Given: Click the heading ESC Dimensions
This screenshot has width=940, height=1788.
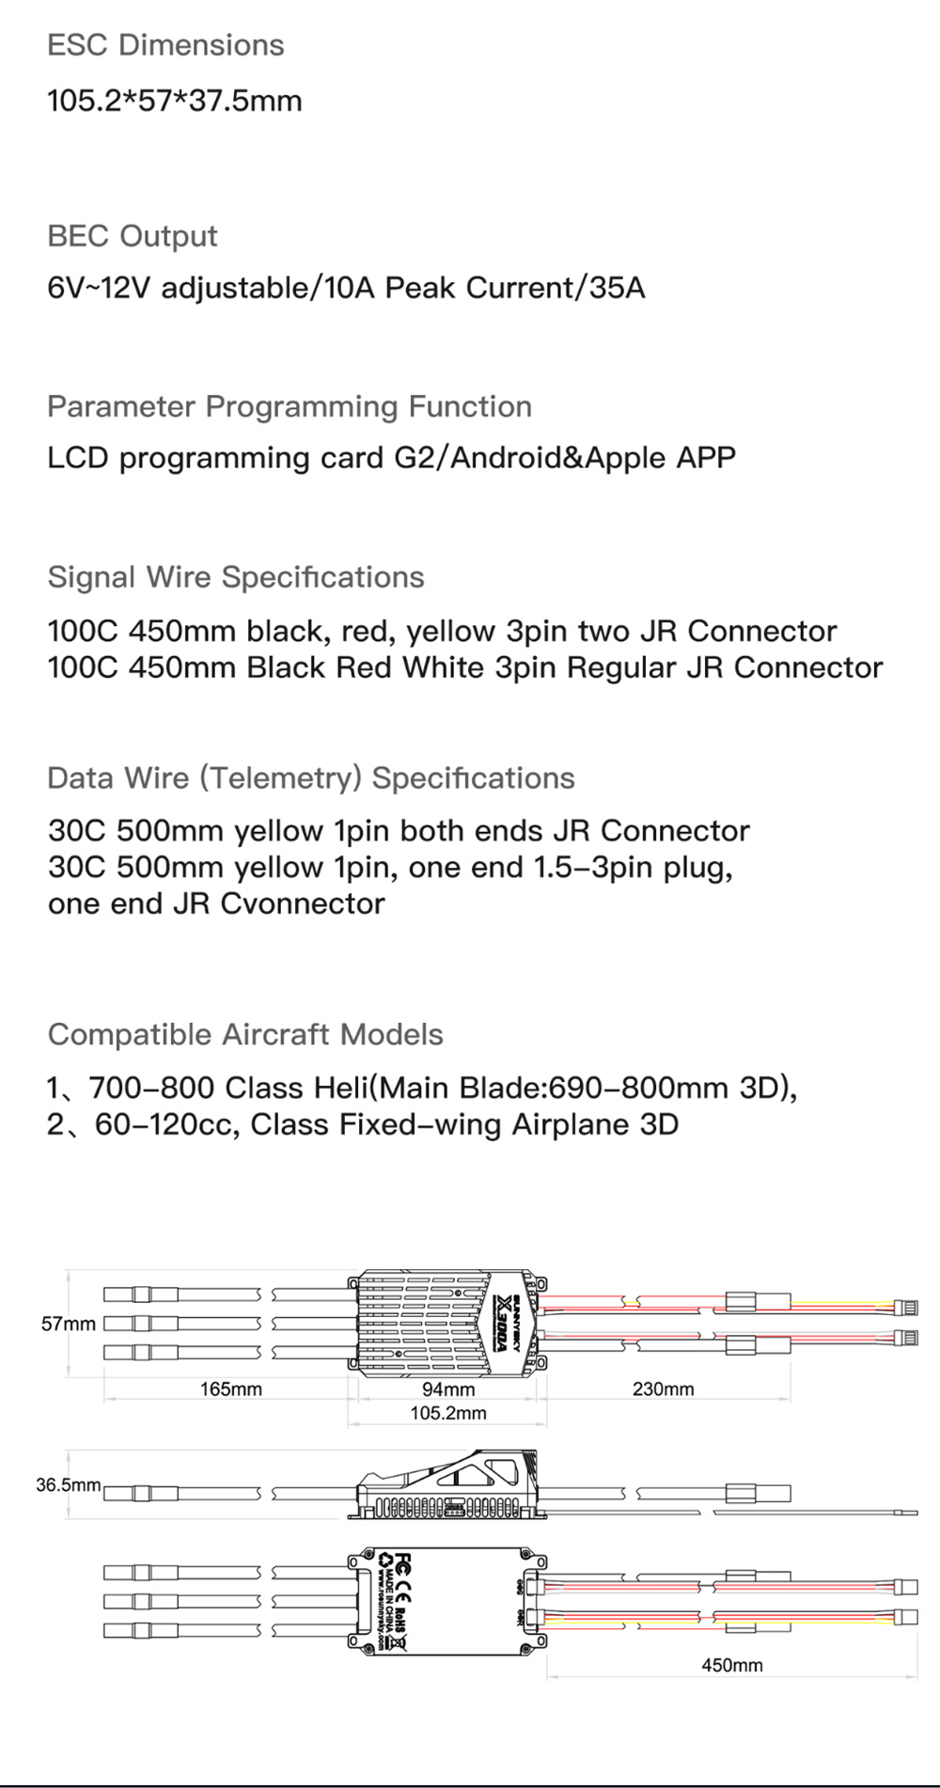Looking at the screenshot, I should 165,45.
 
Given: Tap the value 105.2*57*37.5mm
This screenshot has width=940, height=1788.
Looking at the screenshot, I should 175,100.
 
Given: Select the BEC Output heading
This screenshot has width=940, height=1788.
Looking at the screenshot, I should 133,236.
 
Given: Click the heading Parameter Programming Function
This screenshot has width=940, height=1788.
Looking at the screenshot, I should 290,407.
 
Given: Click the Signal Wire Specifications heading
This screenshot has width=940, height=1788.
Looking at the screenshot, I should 236,577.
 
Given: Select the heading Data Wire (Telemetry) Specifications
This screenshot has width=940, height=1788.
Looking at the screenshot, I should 311,778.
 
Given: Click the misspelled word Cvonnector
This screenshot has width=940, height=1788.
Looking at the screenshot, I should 303,903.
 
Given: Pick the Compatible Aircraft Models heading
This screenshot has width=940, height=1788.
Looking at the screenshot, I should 245,1035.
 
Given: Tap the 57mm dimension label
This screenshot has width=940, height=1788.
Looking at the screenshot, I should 69,1324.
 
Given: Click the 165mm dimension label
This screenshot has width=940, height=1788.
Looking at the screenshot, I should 230,1388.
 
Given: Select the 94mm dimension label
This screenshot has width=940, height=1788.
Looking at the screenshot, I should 448,1389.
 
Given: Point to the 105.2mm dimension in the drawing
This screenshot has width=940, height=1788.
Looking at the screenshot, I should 448,1413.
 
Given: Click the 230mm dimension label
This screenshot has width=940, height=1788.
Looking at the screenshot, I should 663,1388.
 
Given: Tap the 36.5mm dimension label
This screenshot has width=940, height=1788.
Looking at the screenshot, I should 69,1485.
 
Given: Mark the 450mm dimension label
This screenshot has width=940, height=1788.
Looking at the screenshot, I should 731,1665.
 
